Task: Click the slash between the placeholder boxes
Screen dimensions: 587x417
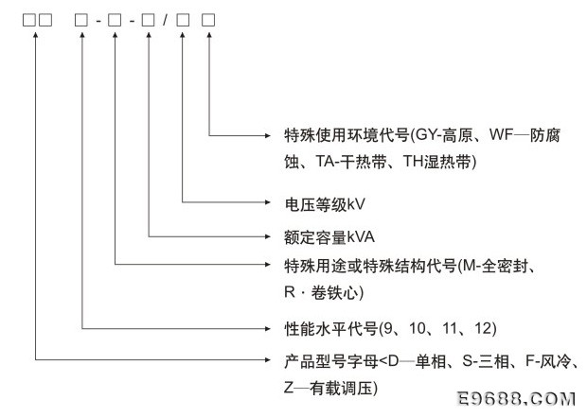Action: click(x=165, y=20)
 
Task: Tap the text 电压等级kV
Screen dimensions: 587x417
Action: click(x=324, y=204)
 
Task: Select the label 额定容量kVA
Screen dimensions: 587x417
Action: click(x=329, y=237)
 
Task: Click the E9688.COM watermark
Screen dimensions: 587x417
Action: click(x=517, y=399)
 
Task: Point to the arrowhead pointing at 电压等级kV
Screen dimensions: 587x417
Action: click(x=267, y=202)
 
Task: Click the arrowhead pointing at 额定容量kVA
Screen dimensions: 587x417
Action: click(x=267, y=236)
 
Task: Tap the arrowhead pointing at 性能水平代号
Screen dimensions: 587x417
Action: click(x=267, y=329)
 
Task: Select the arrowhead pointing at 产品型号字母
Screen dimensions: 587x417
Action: click(x=267, y=359)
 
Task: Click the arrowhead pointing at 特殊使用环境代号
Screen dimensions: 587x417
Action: click(x=267, y=135)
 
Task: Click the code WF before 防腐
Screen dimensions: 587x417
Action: click(x=501, y=134)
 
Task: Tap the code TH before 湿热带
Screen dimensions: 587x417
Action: click(x=413, y=162)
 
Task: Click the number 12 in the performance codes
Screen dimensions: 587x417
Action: click(x=483, y=328)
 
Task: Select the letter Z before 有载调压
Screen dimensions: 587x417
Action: click(x=288, y=389)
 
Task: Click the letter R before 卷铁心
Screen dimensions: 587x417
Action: click(x=290, y=292)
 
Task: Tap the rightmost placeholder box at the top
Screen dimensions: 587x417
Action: click(x=208, y=20)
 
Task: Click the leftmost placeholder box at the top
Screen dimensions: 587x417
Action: click(x=28, y=20)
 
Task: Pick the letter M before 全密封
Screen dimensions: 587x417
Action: click(x=469, y=266)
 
